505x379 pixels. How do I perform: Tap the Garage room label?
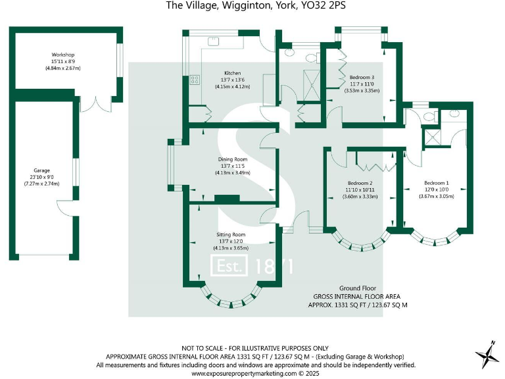point(42,170)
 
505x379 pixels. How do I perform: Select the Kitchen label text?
point(233,73)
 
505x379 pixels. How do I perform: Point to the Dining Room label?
point(233,159)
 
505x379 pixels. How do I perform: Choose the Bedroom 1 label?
point(437,182)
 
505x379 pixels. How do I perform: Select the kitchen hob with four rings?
point(195,81)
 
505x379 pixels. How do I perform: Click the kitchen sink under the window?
point(214,41)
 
